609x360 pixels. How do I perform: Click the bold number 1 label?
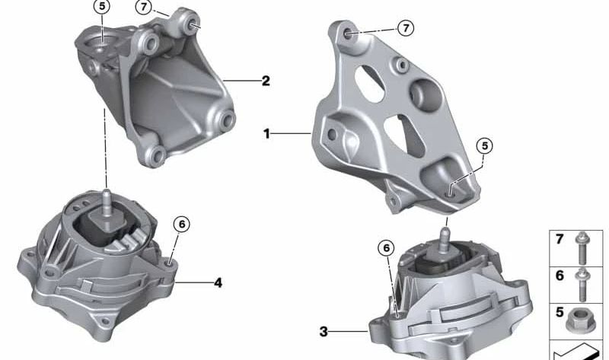coord(267,134)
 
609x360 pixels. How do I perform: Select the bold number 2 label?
coord(265,80)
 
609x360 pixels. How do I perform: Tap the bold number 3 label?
coord(323,331)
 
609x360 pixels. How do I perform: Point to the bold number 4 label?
coord(218,283)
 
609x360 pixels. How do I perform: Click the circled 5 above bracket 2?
coord(102,8)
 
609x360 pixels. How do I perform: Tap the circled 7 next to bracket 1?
coord(406,28)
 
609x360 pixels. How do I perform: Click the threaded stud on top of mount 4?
coord(107,199)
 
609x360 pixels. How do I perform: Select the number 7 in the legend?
coord(560,240)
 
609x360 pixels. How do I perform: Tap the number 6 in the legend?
coord(560,276)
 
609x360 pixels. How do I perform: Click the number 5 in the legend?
coord(560,311)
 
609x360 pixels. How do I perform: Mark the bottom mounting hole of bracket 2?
coord(158,157)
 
